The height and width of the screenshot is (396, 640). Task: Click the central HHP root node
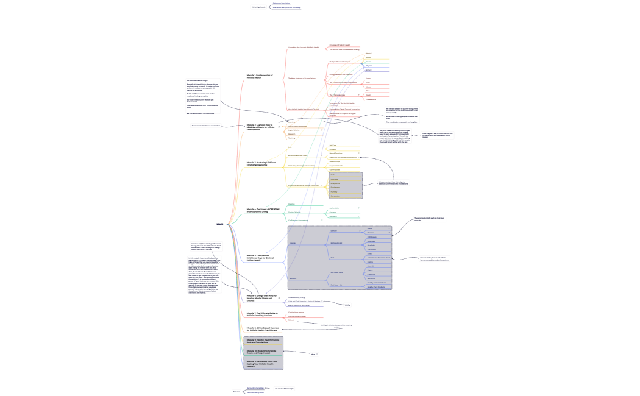220,225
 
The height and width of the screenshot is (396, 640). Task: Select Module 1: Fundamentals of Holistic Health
260,76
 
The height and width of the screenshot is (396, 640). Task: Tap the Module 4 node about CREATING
261,210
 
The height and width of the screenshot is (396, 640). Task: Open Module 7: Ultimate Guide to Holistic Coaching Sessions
261,314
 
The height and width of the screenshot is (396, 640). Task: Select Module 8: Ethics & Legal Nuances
261,328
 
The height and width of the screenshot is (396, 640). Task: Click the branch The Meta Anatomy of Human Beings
302,79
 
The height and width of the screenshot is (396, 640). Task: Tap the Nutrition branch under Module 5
293,278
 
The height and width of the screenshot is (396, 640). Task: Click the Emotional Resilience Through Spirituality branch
304,185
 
